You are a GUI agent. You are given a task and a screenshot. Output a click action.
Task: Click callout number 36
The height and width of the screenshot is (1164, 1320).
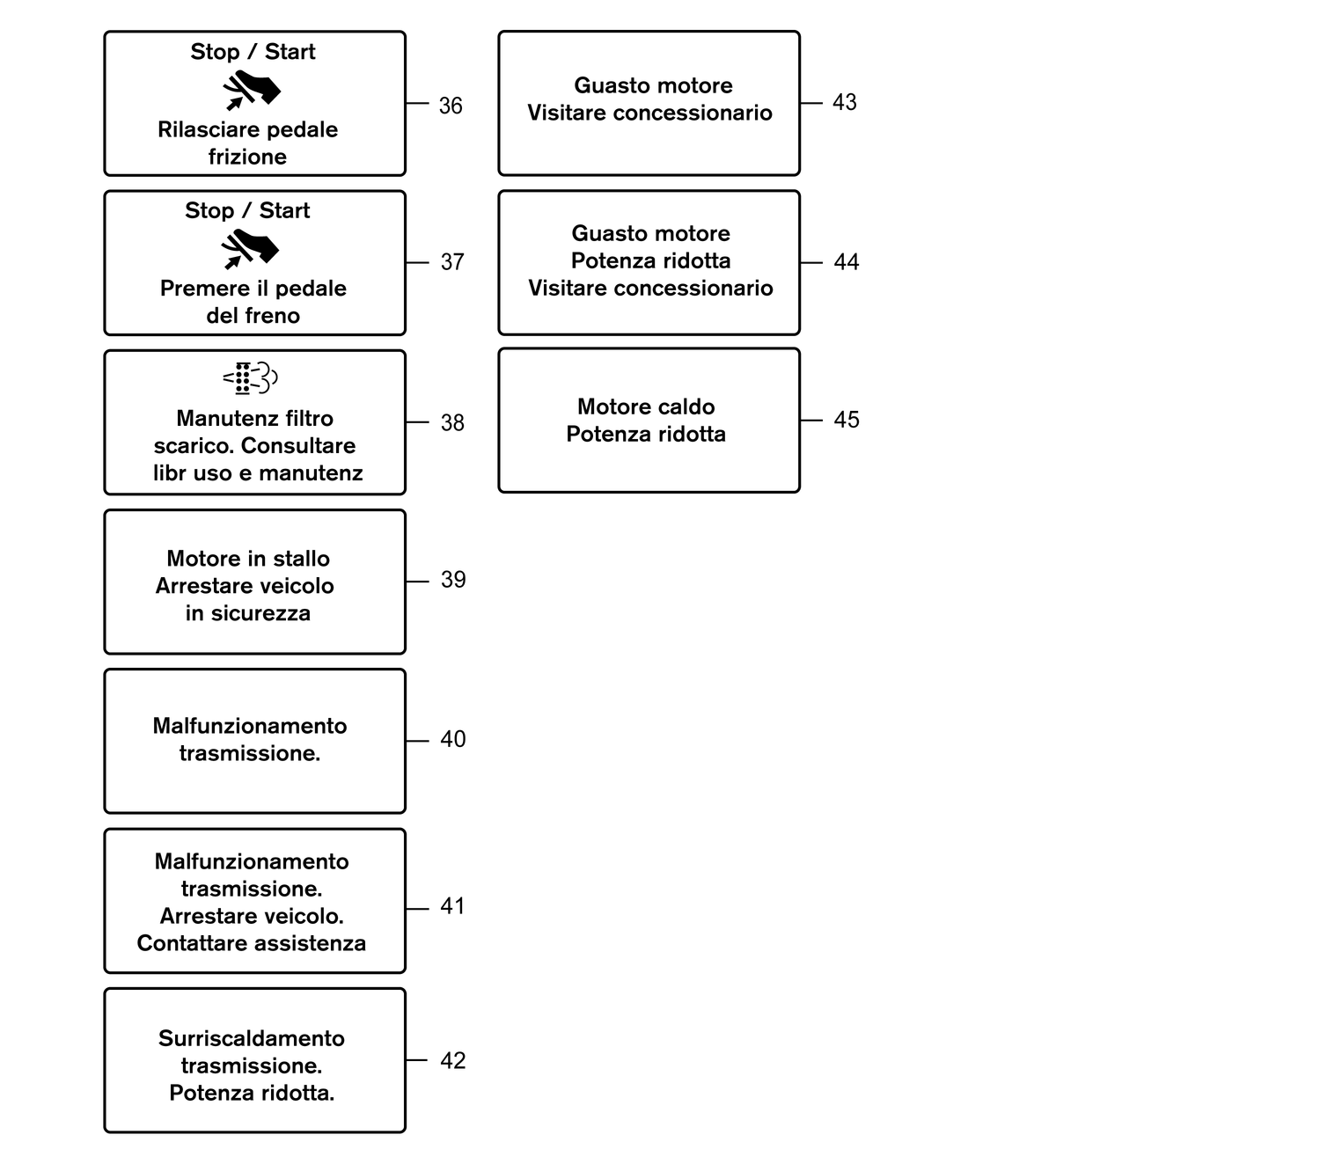click(451, 106)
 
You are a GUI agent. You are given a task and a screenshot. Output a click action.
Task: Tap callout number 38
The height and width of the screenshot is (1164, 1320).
click(452, 423)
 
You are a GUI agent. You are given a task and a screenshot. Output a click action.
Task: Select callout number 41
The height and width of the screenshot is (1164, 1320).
click(452, 906)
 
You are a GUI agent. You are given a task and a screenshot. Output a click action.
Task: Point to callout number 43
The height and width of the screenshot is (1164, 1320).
click(844, 103)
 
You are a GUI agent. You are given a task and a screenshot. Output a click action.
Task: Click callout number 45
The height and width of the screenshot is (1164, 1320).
click(847, 420)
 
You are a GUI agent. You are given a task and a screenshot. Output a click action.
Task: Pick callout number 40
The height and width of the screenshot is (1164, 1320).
click(452, 739)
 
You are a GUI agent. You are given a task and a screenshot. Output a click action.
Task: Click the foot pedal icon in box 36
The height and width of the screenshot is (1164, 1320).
click(251, 91)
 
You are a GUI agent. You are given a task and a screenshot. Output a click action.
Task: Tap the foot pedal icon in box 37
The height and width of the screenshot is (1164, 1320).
click(251, 249)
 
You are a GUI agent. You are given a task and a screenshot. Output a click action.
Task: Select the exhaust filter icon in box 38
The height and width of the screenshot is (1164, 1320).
click(251, 378)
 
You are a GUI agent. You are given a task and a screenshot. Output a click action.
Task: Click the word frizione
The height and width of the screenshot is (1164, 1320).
click(247, 157)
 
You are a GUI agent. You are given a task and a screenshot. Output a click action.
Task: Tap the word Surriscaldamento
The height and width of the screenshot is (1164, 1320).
click(252, 1038)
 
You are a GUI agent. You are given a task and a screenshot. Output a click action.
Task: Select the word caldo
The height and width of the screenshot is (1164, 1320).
click(684, 406)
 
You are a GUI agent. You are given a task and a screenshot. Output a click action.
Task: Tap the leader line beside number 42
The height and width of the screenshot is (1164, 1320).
click(417, 1060)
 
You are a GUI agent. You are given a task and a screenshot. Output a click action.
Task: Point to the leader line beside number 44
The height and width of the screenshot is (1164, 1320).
click(811, 262)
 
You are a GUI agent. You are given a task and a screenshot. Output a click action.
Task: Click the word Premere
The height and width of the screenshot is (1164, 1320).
click(198, 289)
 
